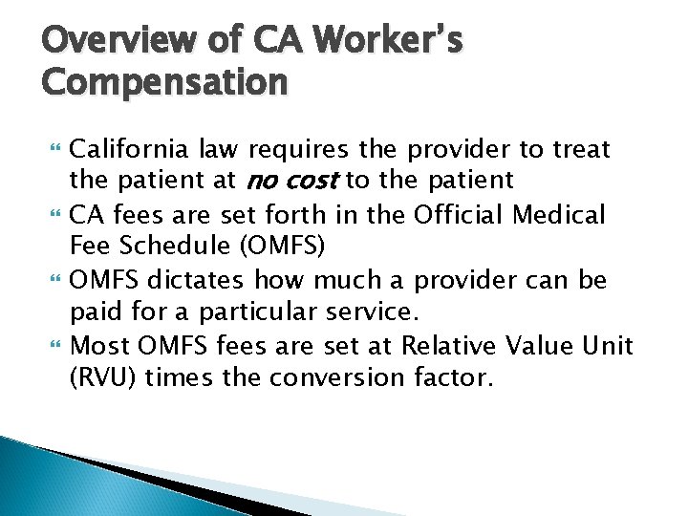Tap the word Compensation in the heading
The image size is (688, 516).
(164, 82)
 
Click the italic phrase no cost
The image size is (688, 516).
(297, 180)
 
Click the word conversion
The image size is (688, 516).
(334, 376)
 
